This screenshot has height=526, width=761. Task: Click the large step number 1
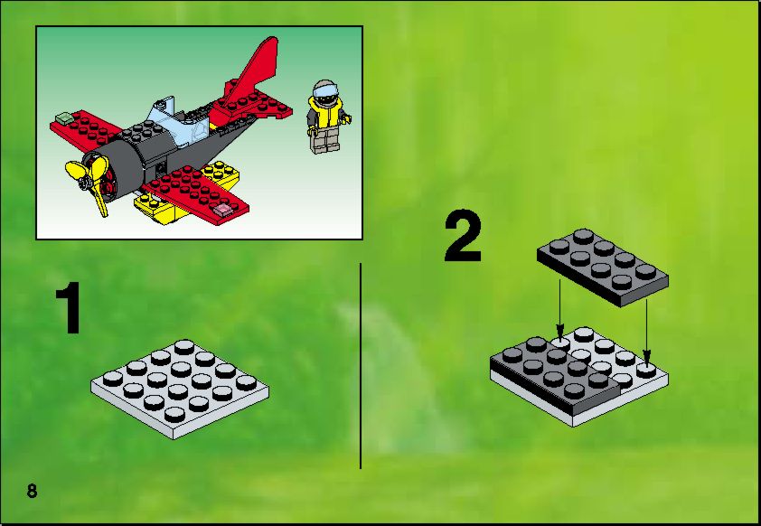coord(69,308)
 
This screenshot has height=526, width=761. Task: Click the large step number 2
coord(463,237)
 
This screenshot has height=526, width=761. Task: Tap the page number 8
coord(32,491)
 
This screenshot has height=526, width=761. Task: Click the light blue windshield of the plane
coord(181,122)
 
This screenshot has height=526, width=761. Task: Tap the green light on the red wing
coord(63,117)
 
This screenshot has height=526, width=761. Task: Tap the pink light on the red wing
coord(224,209)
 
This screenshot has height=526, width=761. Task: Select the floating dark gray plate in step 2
coord(603,268)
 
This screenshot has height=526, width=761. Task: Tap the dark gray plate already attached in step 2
coord(556,375)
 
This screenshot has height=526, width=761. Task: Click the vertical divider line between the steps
coord(361,366)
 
